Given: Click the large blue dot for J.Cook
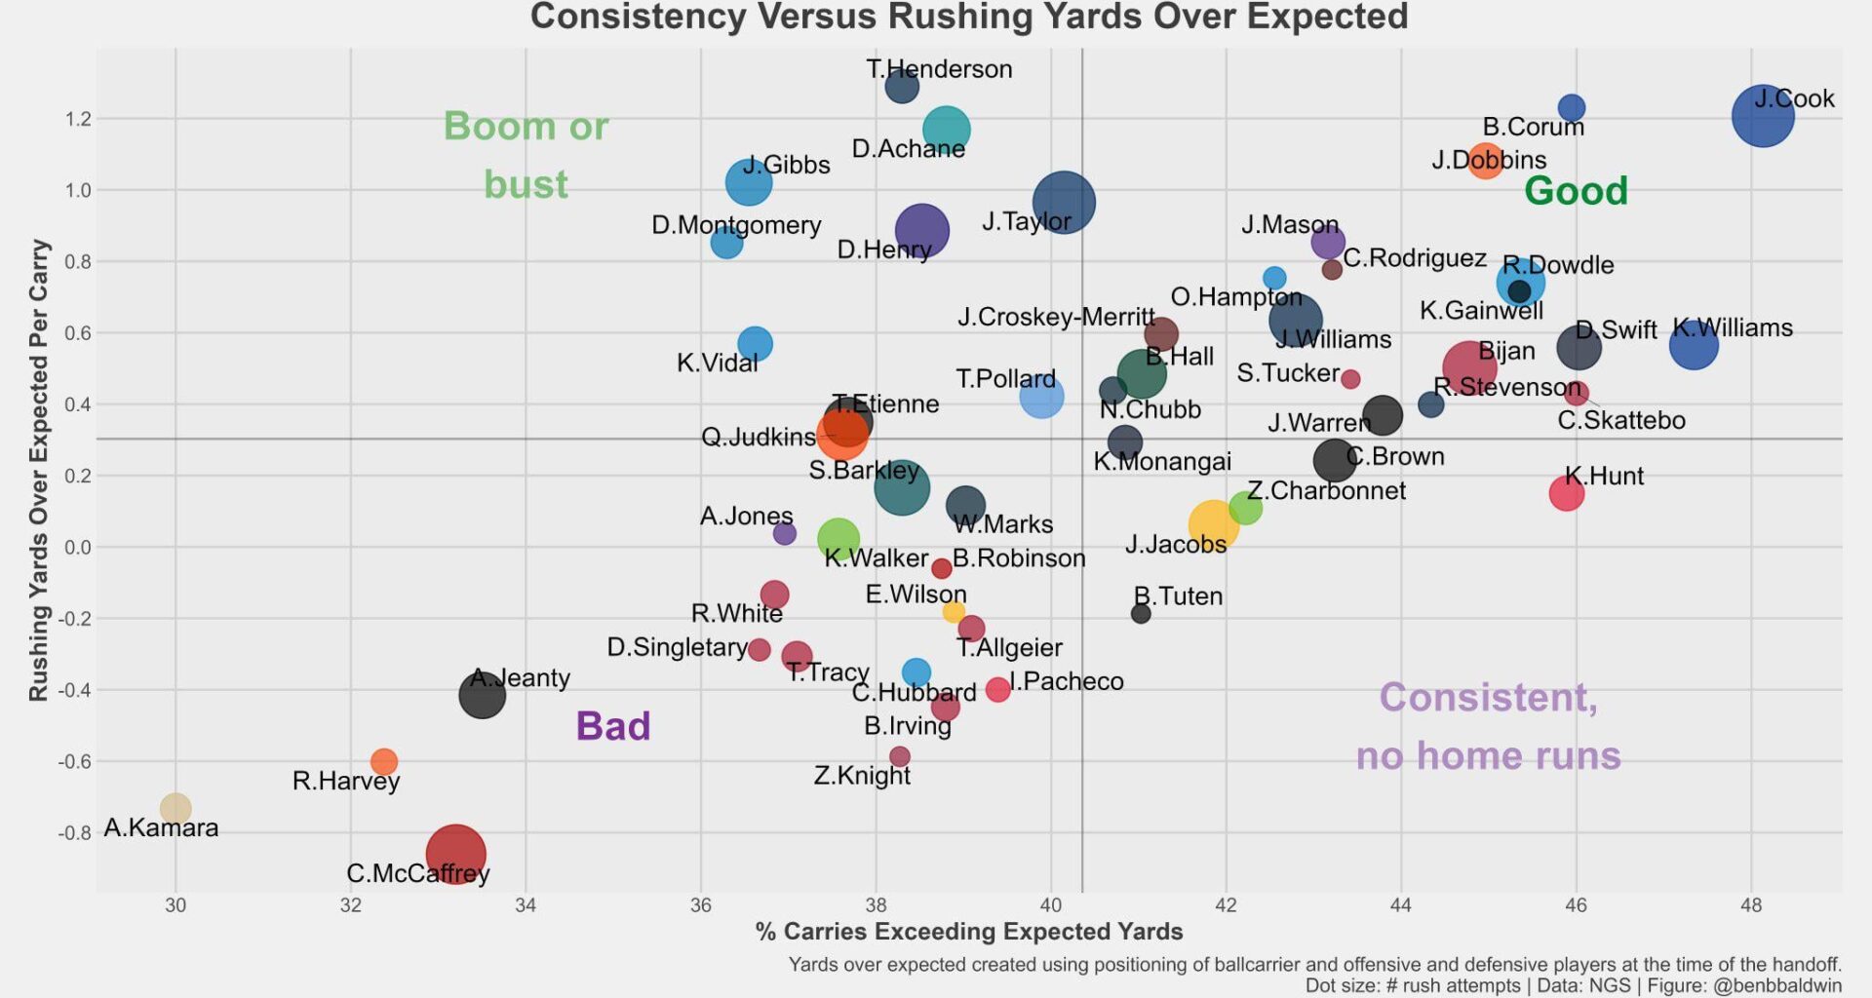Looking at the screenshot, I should tap(1763, 116).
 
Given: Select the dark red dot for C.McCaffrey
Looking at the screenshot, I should tap(455, 854).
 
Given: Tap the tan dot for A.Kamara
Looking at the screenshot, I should tap(175, 808).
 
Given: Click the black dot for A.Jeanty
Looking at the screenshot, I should tap(482, 695).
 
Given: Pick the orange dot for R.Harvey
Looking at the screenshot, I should tap(384, 761).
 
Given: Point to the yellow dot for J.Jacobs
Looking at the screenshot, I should tap(1213, 524).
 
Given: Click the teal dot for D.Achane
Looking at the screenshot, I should tap(946, 129).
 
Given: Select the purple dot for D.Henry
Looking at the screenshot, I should tap(921, 231).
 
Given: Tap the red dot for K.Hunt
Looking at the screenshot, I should tap(1566, 493).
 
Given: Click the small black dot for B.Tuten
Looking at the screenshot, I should tap(1141, 614).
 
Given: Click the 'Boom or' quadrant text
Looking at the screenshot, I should tap(526, 126).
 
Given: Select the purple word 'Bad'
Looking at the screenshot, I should tap(612, 726).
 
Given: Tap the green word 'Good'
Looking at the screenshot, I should tap(1576, 190).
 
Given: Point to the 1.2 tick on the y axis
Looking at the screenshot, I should tap(77, 119).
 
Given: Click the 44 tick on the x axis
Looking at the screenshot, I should tap(1400, 905).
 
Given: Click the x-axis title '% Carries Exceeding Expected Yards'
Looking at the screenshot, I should tap(969, 932).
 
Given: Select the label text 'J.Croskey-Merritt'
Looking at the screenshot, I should tap(1056, 317).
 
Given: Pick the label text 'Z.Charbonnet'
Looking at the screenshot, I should tap(1326, 490).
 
